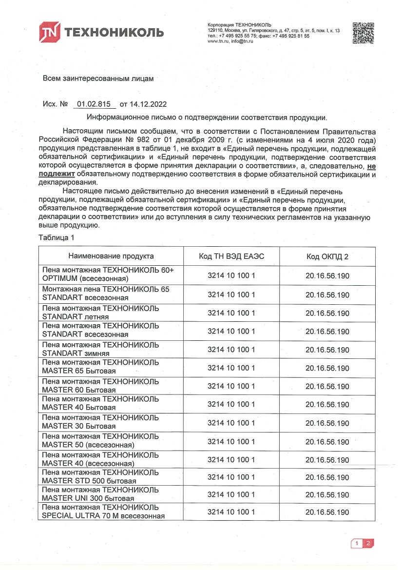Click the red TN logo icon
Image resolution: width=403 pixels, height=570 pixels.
coord(50,32)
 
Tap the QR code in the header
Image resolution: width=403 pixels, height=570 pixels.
coord(363,33)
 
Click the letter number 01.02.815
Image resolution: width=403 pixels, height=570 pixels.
coord(94,104)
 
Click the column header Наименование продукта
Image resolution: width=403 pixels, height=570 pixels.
coord(111,256)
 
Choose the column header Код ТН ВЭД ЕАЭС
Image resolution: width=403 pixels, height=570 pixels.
coord(231,256)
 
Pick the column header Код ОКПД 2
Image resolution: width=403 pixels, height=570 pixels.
coord(327,256)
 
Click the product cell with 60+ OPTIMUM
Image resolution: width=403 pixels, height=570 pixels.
coord(111,275)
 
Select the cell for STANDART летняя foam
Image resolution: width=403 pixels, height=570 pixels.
coord(111,313)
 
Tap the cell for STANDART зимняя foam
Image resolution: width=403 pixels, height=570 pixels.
coord(111,349)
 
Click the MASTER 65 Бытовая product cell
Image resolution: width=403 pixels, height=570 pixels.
coord(111,367)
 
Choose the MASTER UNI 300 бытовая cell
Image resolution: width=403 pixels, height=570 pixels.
coord(111,494)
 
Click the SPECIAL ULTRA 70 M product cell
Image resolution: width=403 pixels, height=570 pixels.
coord(111,512)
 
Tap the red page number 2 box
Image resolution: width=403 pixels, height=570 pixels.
coord(368,543)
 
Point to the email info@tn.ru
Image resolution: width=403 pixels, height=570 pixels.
coord(243,41)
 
